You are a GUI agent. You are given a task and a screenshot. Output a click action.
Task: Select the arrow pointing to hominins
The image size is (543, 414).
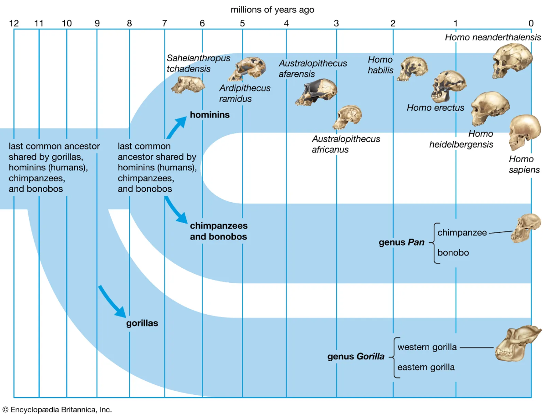click(176, 126)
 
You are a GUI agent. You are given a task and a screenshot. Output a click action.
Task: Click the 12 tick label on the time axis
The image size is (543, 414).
click(14, 23)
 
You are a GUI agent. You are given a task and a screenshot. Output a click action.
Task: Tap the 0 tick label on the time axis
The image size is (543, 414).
click(531, 23)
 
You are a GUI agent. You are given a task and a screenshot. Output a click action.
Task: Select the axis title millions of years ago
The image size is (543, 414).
click(272, 9)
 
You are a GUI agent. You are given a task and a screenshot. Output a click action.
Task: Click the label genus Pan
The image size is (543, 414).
click(401, 243)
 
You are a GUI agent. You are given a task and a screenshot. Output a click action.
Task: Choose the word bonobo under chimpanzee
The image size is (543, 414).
click(453, 252)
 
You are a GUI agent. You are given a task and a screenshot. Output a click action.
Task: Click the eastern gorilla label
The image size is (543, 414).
click(426, 367)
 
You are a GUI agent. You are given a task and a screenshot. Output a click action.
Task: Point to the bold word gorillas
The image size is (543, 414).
click(142, 324)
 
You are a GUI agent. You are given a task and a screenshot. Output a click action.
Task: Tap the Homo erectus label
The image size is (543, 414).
click(435, 108)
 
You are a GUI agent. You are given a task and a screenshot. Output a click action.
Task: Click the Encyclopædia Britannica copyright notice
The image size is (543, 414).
click(57, 409)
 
